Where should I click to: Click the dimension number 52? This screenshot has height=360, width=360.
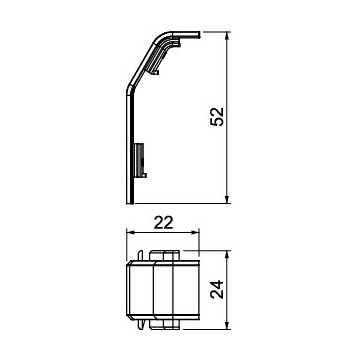(x=217, y=116)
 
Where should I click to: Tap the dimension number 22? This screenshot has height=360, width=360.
(x=164, y=223)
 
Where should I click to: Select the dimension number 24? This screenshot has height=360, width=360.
(x=217, y=289)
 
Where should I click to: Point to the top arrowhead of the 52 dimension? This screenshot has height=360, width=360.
(x=227, y=36)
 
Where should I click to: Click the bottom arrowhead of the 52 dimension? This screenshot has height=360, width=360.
(x=227, y=199)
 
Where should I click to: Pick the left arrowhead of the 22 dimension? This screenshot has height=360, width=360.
(x=131, y=232)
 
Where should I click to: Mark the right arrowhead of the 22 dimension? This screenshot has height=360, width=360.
(x=195, y=232)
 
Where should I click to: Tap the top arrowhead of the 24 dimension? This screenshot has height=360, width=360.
(x=227, y=254)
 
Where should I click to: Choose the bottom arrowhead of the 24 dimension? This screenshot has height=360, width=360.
(x=227, y=325)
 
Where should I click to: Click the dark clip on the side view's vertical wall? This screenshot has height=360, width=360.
(x=140, y=160)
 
